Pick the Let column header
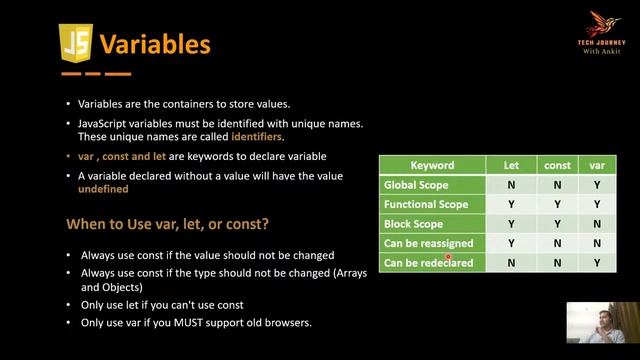click(x=511, y=166)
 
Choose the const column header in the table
click(x=556, y=166)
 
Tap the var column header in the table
click(x=596, y=166)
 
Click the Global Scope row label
click(x=419, y=185)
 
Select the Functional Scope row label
click(x=426, y=205)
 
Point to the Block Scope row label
click(x=414, y=224)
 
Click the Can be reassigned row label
click(x=428, y=243)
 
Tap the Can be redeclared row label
click(x=427, y=263)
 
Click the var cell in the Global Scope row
click(x=596, y=185)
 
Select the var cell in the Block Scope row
click(x=596, y=224)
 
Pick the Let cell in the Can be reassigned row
click(x=511, y=243)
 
